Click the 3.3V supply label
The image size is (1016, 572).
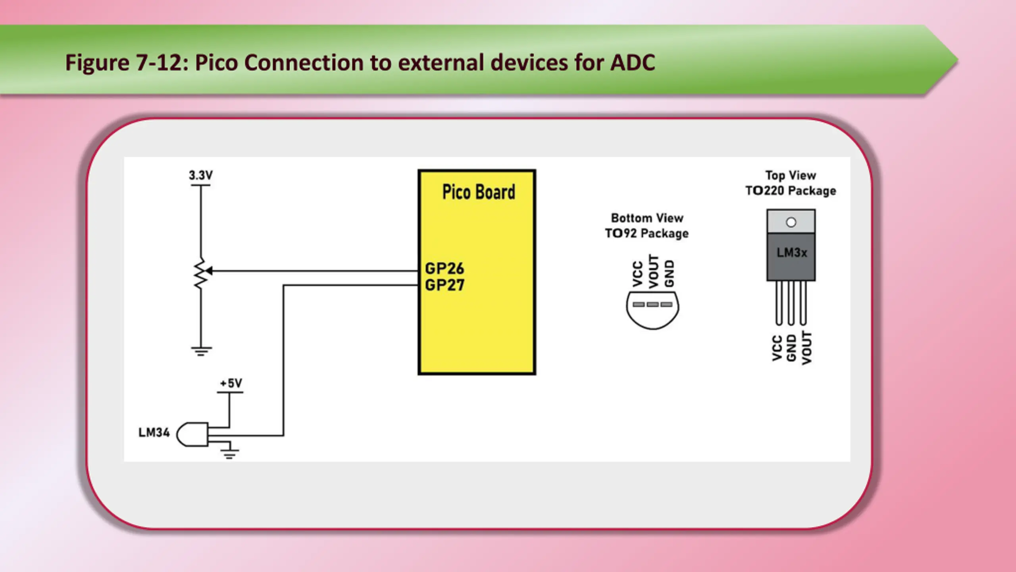tap(200, 175)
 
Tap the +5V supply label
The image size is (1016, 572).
tap(231, 383)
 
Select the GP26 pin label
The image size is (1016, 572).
tap(444, 269)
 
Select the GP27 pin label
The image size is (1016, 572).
tap(444, 285)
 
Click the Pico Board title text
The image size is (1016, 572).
tap(479, 192)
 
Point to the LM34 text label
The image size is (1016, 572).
tap(154, 432)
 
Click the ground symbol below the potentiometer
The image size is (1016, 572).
tap(201, 351)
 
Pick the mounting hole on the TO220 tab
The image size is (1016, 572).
tap(791, 222)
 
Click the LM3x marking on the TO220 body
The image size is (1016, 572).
tap(792, 253)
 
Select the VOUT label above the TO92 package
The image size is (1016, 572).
tap(653, 271)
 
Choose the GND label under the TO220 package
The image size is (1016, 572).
tap(791, 348)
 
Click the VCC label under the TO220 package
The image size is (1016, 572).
tap(777, 348)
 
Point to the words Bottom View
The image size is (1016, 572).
tap(647, 218)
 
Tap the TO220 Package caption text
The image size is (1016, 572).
tap(791, 191)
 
